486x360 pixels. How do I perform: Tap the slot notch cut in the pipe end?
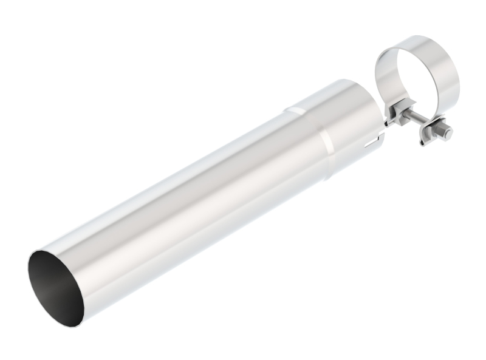click(x=372, y=144)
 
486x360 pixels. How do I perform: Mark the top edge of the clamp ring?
click(x=419, y=38)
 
